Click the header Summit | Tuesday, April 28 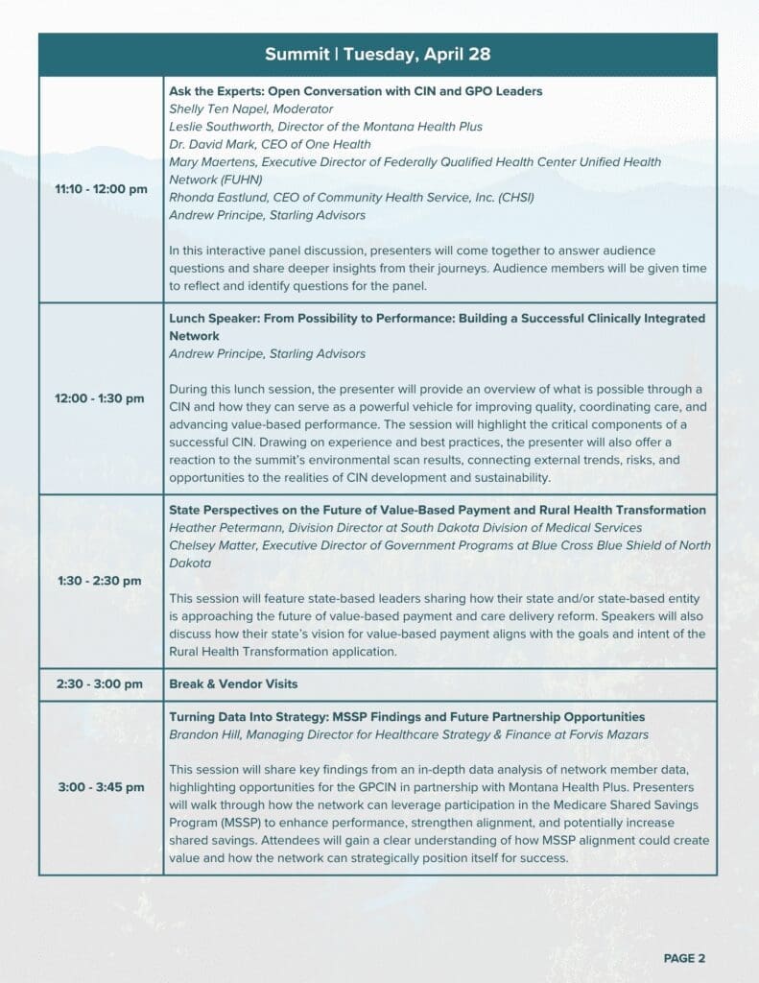(x=378, y=54)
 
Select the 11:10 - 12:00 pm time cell (x=101, y=189)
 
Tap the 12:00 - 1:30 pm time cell (x=101, y=398)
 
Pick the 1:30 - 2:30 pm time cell (x=101, y=581)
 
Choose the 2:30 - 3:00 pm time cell (x=101, y=684)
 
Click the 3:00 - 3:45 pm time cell (x=101, y=787)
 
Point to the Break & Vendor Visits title (x=233, y=684)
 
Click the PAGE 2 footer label (x=684, y=958)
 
